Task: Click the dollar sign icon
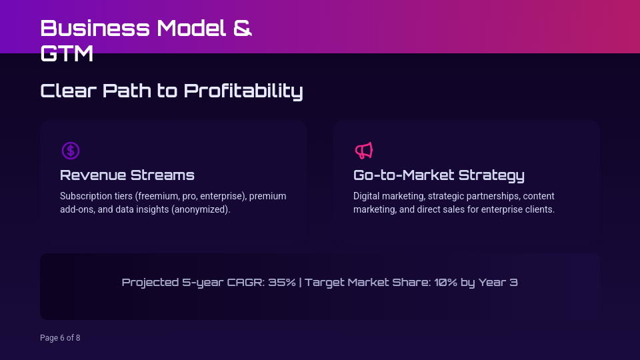click(71, 151)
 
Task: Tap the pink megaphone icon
click(363, 151)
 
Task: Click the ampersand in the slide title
click(243, 28)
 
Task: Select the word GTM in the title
click(67, 53)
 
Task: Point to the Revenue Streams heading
click(127, 175)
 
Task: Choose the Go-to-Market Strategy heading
click(439, 175)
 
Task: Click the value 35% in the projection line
click(282, 283)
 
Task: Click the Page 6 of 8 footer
click(60, 338)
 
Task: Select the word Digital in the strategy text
click(367, 197)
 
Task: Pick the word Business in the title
click(95, 28)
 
